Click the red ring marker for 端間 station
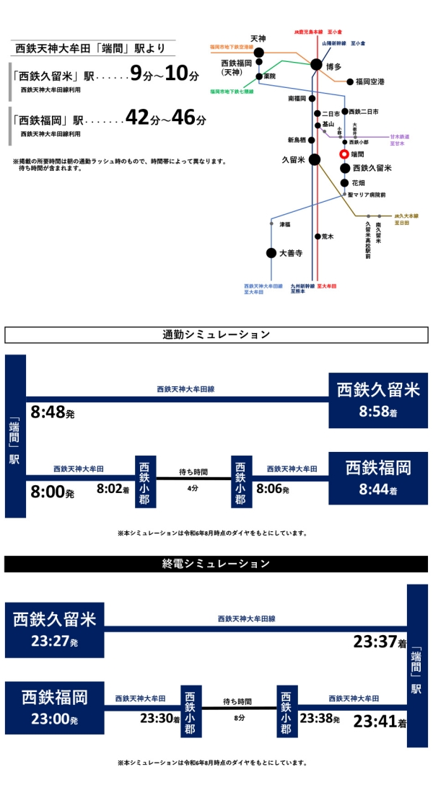click(344, 154)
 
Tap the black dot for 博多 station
click(316, 65)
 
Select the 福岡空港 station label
click(369, 81)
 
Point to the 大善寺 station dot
click(271, 253)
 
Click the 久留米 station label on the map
click(293, 159)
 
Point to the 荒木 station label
click(329, 236)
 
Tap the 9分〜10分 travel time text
click(163, 74)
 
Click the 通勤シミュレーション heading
click(216, 334)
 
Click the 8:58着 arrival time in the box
click(378, 413)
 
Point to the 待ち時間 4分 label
click(193, 479)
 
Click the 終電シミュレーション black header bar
click(216, 563)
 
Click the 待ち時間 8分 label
click(237, 709)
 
